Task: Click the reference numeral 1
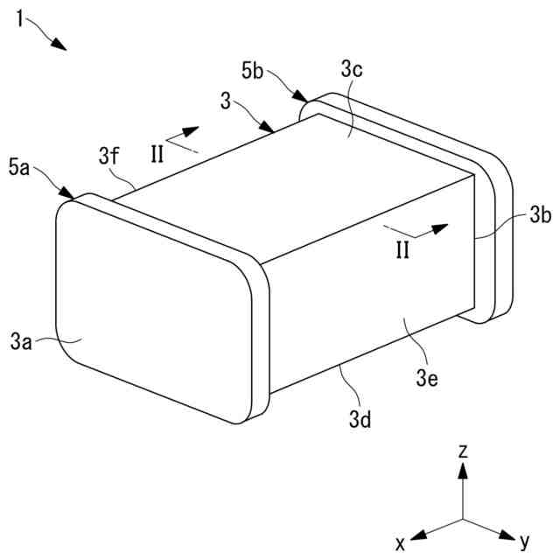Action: pos(20,17)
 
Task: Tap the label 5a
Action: pos(20,167)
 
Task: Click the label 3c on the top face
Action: pos(353,69)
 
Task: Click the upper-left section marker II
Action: pos(157,154)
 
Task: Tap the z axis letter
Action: pos(464,451)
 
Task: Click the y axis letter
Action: pos(525,542)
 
